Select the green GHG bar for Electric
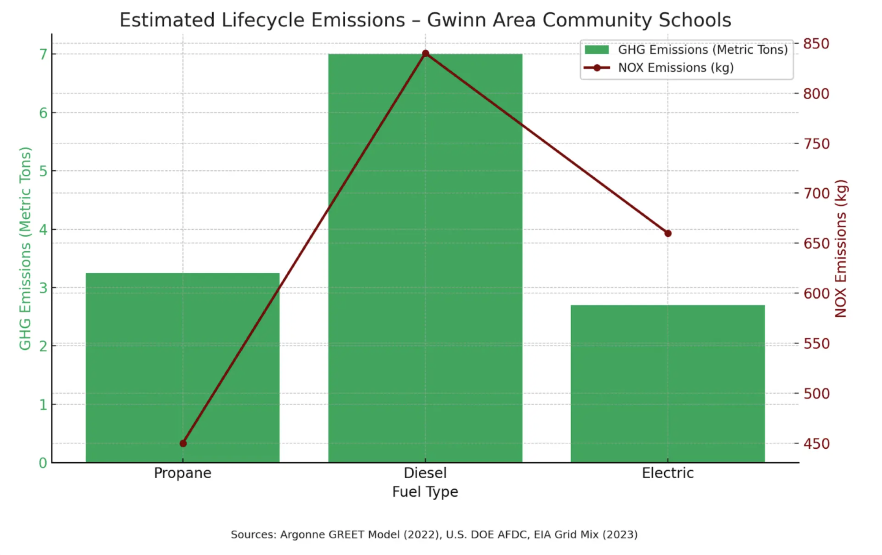(667, 383)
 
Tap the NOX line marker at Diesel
(425, 54)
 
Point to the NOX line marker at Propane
(183, 443)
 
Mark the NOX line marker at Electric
(668, 233)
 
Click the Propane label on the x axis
(182, 473)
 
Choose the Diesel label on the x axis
(425, 473)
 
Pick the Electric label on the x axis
(667, 473)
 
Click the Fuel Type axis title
(425, 492)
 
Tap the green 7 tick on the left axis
(43, 55)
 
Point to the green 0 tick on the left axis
(43, 463)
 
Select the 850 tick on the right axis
(816, 44)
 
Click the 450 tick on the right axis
(816, 443)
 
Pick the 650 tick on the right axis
(816, 243)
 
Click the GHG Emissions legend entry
(702, 50)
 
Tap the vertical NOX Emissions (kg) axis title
(840, 249)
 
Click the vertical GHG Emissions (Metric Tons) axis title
(25, 249)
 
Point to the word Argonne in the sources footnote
(302, 535)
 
